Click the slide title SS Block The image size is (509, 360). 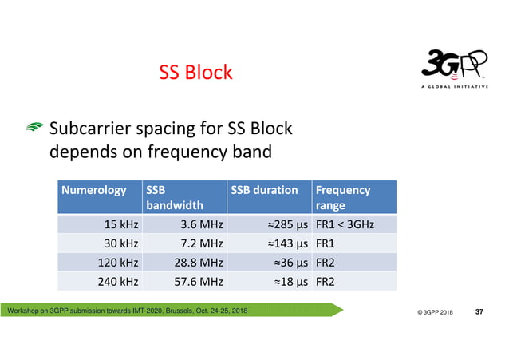[195, 73]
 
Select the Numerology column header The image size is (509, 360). [94, 190]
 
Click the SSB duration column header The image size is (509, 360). [264, 190]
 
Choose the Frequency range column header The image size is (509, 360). [343, 197]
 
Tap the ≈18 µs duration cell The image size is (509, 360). [289, 281]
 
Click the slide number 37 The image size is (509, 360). [479, 311]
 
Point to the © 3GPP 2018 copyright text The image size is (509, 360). [435, 311]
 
